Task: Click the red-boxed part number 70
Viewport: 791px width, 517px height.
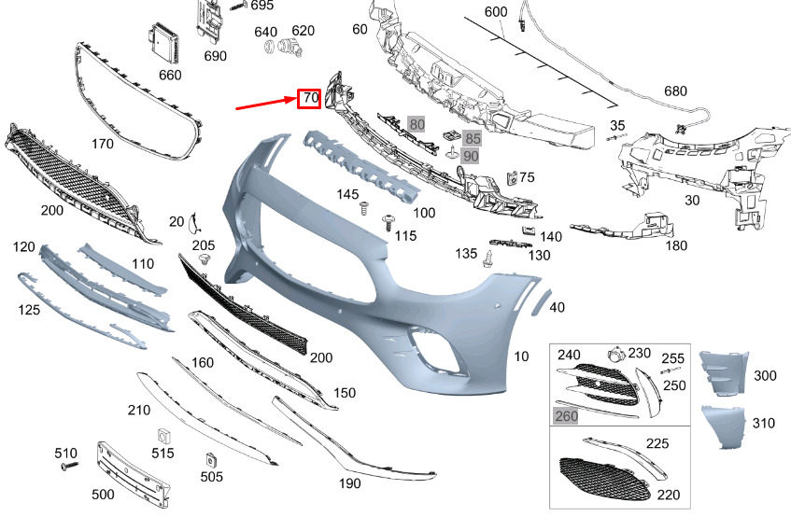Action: click(x=309, y=97)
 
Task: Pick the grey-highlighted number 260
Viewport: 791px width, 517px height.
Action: click(x=566, y=415)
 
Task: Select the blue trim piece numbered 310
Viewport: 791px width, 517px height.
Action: click(x=723, y=426)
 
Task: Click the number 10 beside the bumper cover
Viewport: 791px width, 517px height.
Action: click(x=521, y=356)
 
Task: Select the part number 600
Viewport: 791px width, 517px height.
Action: click(x=495, y=12)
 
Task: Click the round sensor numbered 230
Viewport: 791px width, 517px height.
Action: click(x=615, y=356)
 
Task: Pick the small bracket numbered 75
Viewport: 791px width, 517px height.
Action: click(x=511, y=177)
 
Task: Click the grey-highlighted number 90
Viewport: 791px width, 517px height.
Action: click(x=470, y=156)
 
